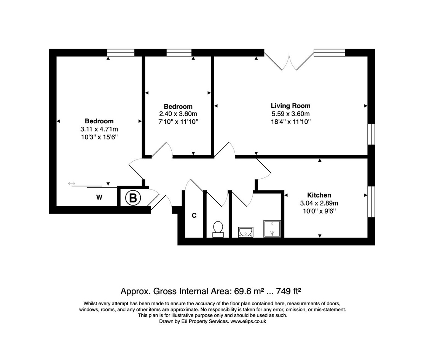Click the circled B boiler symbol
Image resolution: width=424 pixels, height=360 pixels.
click(133, 198)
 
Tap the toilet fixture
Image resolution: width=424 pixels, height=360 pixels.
click(218, 229)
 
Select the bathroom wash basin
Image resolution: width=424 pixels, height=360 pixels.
click(245, 232)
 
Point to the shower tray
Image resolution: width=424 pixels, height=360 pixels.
click(272, 229)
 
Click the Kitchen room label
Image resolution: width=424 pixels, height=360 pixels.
click(319, 195)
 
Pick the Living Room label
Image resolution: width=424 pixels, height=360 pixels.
click(291, 106)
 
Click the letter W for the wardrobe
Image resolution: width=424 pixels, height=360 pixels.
click(99, 198)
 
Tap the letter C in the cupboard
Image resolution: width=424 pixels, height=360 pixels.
click(194, 215)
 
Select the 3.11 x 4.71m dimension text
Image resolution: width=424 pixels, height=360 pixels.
click(99, 129)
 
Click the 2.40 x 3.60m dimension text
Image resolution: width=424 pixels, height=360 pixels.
click(178, 114)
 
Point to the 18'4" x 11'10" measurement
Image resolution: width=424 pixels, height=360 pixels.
click(291, 122)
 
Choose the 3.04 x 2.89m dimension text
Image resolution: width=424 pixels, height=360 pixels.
click(319, 203)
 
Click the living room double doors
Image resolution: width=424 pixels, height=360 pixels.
click(289, 61)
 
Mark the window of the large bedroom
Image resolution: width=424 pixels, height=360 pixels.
click(121, 53)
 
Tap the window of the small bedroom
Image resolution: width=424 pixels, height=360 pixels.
click(179, 53)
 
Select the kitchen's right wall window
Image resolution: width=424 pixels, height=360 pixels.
click(371, 202)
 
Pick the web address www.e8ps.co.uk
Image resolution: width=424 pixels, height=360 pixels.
click(248, 321)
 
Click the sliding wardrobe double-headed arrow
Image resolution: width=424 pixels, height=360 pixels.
click(72, 184)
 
